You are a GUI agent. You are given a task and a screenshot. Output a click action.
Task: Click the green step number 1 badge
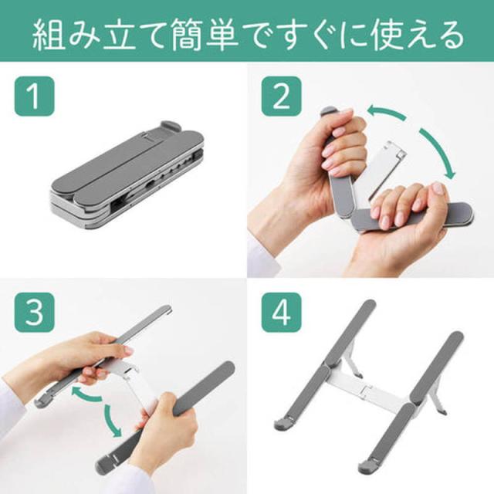tap(34, 96)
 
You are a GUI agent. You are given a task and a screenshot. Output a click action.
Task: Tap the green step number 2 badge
tap(281, 96)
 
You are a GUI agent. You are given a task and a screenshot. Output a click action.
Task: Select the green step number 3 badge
tap(34, 312)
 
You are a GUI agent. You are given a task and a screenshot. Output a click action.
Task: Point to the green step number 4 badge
tap(281, 312)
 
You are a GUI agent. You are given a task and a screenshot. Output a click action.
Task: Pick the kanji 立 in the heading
tap(120, 35)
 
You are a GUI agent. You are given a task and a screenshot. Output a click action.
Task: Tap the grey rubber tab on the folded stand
tap(171, 127)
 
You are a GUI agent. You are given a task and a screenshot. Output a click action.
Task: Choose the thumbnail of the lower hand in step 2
tap(438, 188)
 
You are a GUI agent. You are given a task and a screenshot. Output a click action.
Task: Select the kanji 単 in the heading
tap(222, 35)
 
